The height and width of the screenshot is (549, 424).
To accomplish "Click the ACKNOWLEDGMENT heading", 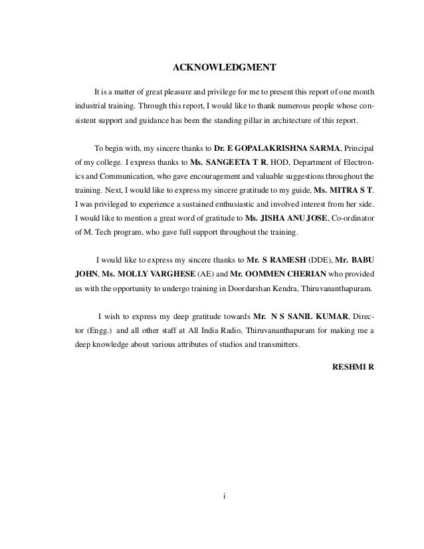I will coord(224,68).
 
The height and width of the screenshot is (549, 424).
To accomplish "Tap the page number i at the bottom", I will coord(225,496).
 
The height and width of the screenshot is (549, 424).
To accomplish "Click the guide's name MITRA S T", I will coord(348,190).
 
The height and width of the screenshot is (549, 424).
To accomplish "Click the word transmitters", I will coord(278,345).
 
